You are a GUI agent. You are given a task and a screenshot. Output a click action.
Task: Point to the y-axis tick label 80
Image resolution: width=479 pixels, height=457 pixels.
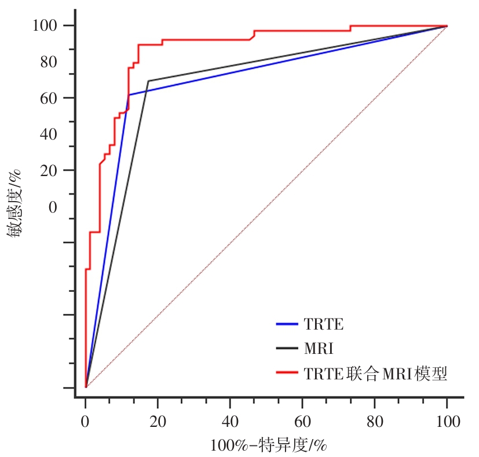pyautogui.click(x=49, y=62)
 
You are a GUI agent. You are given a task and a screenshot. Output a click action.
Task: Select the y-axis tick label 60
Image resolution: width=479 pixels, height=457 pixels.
pyautogui.click(x=49, y=98)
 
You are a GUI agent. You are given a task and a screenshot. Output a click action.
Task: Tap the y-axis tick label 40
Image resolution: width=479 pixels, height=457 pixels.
pyautogui.click(x=49, y=134)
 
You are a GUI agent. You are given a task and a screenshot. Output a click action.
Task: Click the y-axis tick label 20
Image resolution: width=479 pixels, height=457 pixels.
pyautogui.click(x=49, y=170)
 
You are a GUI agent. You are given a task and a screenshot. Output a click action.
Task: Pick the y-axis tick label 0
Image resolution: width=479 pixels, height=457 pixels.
pyautogui.click(x=53, y=207)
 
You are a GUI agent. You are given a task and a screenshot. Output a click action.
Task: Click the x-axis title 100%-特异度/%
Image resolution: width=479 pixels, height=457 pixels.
pyautogui.click(x=269, y=445)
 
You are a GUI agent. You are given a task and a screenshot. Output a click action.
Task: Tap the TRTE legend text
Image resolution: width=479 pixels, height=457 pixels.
pyautogui.click(x=323, y=324)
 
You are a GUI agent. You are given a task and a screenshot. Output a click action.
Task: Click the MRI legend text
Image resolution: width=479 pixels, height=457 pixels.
pyautogui.click(x=319, y=349)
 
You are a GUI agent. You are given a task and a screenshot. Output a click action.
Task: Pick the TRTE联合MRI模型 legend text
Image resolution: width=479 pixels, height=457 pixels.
pyautogui.click(x=376, y=374)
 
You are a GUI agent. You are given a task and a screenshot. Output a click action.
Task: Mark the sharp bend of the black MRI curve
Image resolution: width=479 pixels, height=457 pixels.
pyautogui.click(x=148, y=81)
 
